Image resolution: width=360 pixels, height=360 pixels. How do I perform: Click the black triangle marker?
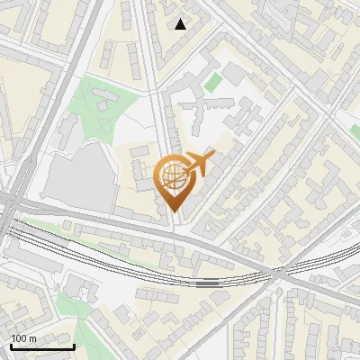181,24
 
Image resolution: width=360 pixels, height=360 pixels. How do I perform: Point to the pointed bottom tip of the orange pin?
173,211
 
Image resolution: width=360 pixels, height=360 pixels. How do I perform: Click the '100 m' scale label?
23,337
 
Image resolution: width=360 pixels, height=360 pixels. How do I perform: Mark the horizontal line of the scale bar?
42,346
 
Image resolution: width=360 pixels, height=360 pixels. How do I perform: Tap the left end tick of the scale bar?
11,345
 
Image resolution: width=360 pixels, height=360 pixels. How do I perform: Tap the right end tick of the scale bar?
74,345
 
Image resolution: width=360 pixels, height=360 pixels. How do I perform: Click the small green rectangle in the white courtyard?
212,83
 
